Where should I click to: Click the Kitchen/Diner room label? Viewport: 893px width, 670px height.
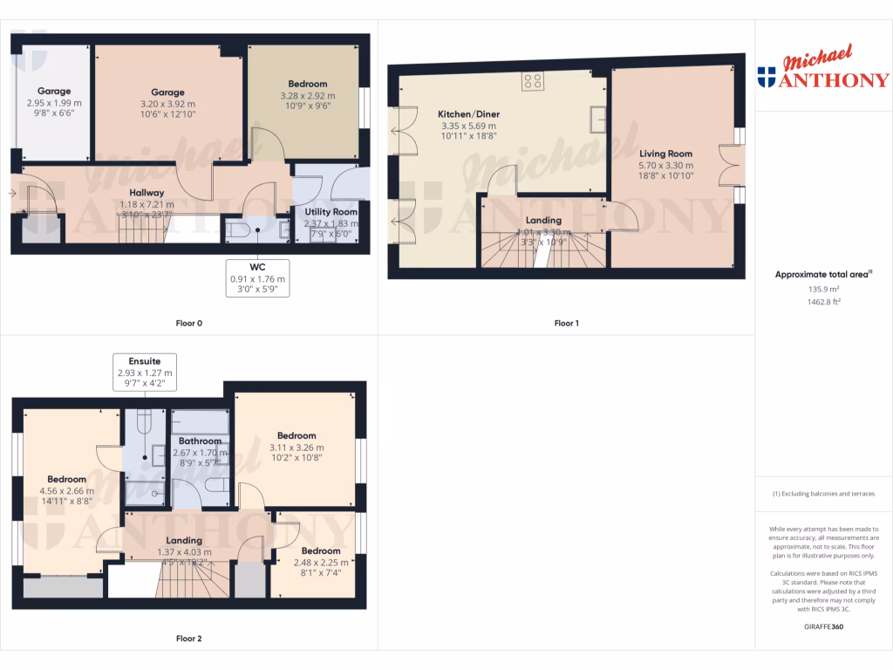tap(468, 114)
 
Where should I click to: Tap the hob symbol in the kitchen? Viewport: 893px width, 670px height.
tap(534, 82)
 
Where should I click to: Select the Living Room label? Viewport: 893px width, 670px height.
tap(665, 154)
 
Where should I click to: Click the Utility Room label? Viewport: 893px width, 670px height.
tap(331, 212)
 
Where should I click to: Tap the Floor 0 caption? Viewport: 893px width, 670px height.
tap(188, 324)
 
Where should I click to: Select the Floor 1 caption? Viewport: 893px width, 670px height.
tap(566, 324)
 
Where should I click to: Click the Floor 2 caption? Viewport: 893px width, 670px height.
tap(188, 639)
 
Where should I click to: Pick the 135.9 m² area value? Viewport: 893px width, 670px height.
tap(824, 289)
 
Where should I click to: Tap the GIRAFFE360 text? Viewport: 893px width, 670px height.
tap(824, 626)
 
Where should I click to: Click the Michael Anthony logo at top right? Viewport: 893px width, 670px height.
tap(824, 70)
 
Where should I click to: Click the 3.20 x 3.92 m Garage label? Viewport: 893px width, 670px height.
tap(167, 92)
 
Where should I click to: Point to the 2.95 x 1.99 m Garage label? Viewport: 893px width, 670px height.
tap(54, 91)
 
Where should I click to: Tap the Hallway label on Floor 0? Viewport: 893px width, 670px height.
tap(141, 193)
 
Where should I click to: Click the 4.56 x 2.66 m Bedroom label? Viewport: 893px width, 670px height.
tap(66, 479)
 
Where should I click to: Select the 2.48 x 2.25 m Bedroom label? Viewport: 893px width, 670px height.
tap(321, 550)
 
